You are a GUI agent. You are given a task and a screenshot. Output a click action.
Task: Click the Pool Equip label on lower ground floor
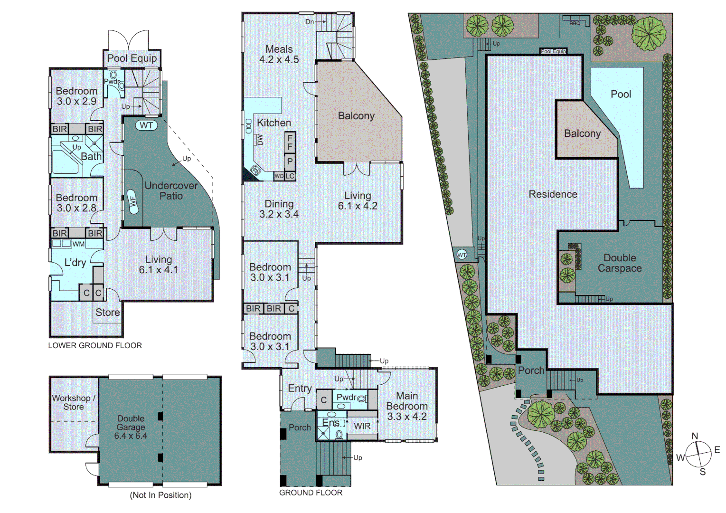point(132,58)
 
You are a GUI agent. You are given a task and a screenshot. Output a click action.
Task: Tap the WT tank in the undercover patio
point(146,125)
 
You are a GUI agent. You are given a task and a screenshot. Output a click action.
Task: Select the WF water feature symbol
point(133,201)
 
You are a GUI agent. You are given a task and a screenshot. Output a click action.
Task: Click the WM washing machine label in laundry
point(78,244)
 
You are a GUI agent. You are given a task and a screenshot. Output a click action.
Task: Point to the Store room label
point(107,313)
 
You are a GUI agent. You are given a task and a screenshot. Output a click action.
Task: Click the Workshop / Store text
point(74,402)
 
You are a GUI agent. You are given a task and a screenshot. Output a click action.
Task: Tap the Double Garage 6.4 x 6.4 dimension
point(131,436)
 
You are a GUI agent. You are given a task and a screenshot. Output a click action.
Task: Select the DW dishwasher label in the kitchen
point(260,139)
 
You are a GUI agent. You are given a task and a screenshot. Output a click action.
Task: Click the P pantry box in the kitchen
point(290,161)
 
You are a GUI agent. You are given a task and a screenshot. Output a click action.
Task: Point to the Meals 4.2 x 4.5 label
point(279,55)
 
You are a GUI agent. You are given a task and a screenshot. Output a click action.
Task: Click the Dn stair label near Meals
point(310,22)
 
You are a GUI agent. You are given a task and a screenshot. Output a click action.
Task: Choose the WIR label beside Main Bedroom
point(362,426)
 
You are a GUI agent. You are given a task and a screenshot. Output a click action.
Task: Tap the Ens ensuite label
point(330,423)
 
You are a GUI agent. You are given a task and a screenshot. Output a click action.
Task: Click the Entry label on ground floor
point(300,389)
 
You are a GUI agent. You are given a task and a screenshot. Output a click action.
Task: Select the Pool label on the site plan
point(621,94)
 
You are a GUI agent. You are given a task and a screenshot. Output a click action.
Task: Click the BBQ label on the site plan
point(575,23)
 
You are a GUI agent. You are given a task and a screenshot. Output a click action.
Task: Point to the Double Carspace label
point(620,263)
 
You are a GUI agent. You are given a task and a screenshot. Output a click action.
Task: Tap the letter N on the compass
point(695,436)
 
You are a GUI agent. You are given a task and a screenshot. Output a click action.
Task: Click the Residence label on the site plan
point(553,194)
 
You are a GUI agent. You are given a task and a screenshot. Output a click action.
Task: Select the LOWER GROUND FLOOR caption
point(95,346)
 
